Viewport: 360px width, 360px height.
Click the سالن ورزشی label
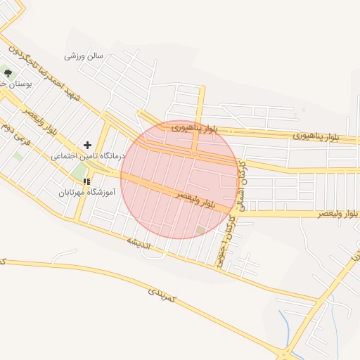tap(84, 55)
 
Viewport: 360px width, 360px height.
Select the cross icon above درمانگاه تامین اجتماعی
tap(87, 144)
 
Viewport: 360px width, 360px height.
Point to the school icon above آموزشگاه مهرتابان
tap(86, 181)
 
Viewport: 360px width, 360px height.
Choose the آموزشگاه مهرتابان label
tap(86, 191)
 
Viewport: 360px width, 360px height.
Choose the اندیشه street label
tap(139, 244)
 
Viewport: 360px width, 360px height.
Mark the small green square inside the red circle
tap(201, 230)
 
